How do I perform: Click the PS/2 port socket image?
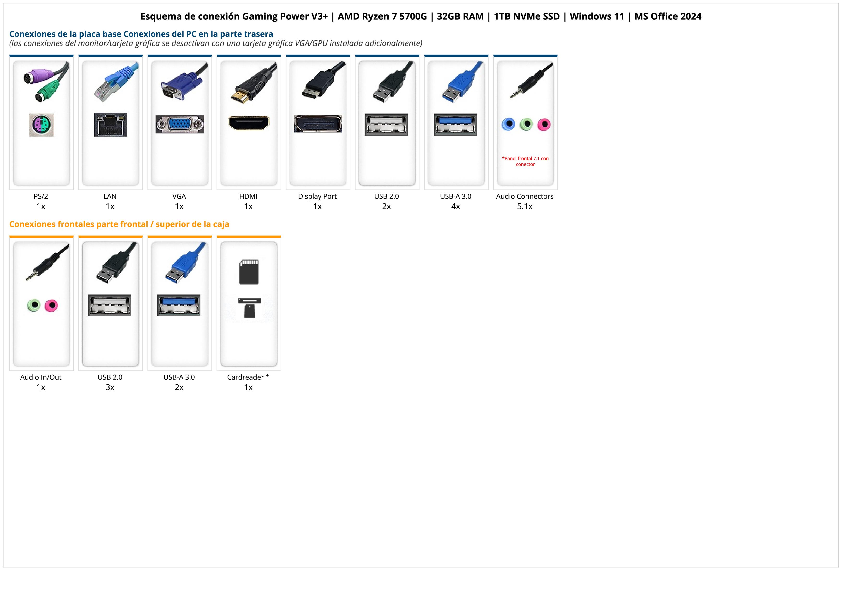click(x=42, y=125)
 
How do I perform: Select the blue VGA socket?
click(x=180, y=124)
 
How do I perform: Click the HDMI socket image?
click(x=249, y=123)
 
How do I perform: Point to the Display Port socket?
click(x=318, y=124)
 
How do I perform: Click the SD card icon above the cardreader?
click(x=249, y=272)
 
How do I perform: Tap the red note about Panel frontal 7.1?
click(x=525, y=161)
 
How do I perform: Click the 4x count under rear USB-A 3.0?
click(x=456, y=206)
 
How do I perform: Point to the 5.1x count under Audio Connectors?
click(x=525, y=206)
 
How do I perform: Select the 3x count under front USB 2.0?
click(x=110, y=387)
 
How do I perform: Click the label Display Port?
click(x=317, y=196)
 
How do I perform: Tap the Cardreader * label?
click(x=248, y=377)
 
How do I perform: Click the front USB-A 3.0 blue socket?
click(x=179, y=305)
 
